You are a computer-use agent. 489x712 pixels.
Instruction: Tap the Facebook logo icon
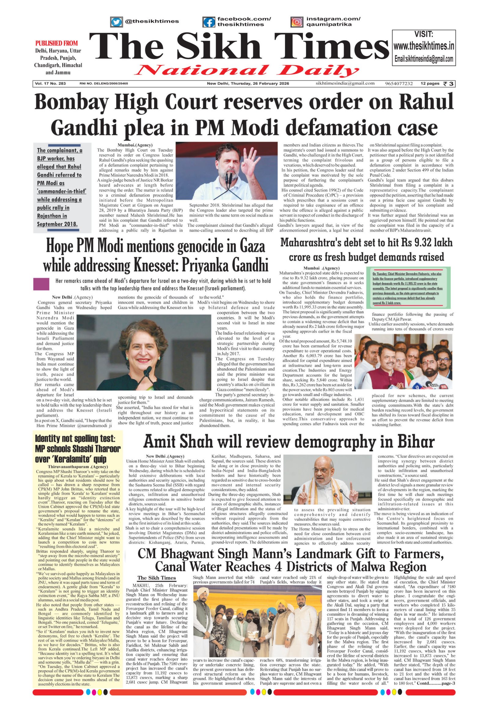[209, 22]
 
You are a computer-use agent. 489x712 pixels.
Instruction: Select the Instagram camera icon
[296, 22]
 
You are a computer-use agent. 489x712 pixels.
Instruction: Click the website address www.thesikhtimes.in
[424, 46]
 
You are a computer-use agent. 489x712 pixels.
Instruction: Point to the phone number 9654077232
[399, 84]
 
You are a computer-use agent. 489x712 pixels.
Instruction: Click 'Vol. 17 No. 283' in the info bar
[50, 84]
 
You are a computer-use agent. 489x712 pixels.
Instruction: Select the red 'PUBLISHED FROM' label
[57, 43]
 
